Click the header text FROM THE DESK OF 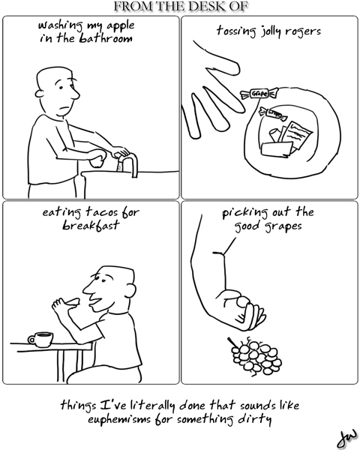pyautogui.click(x=179, y=7)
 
